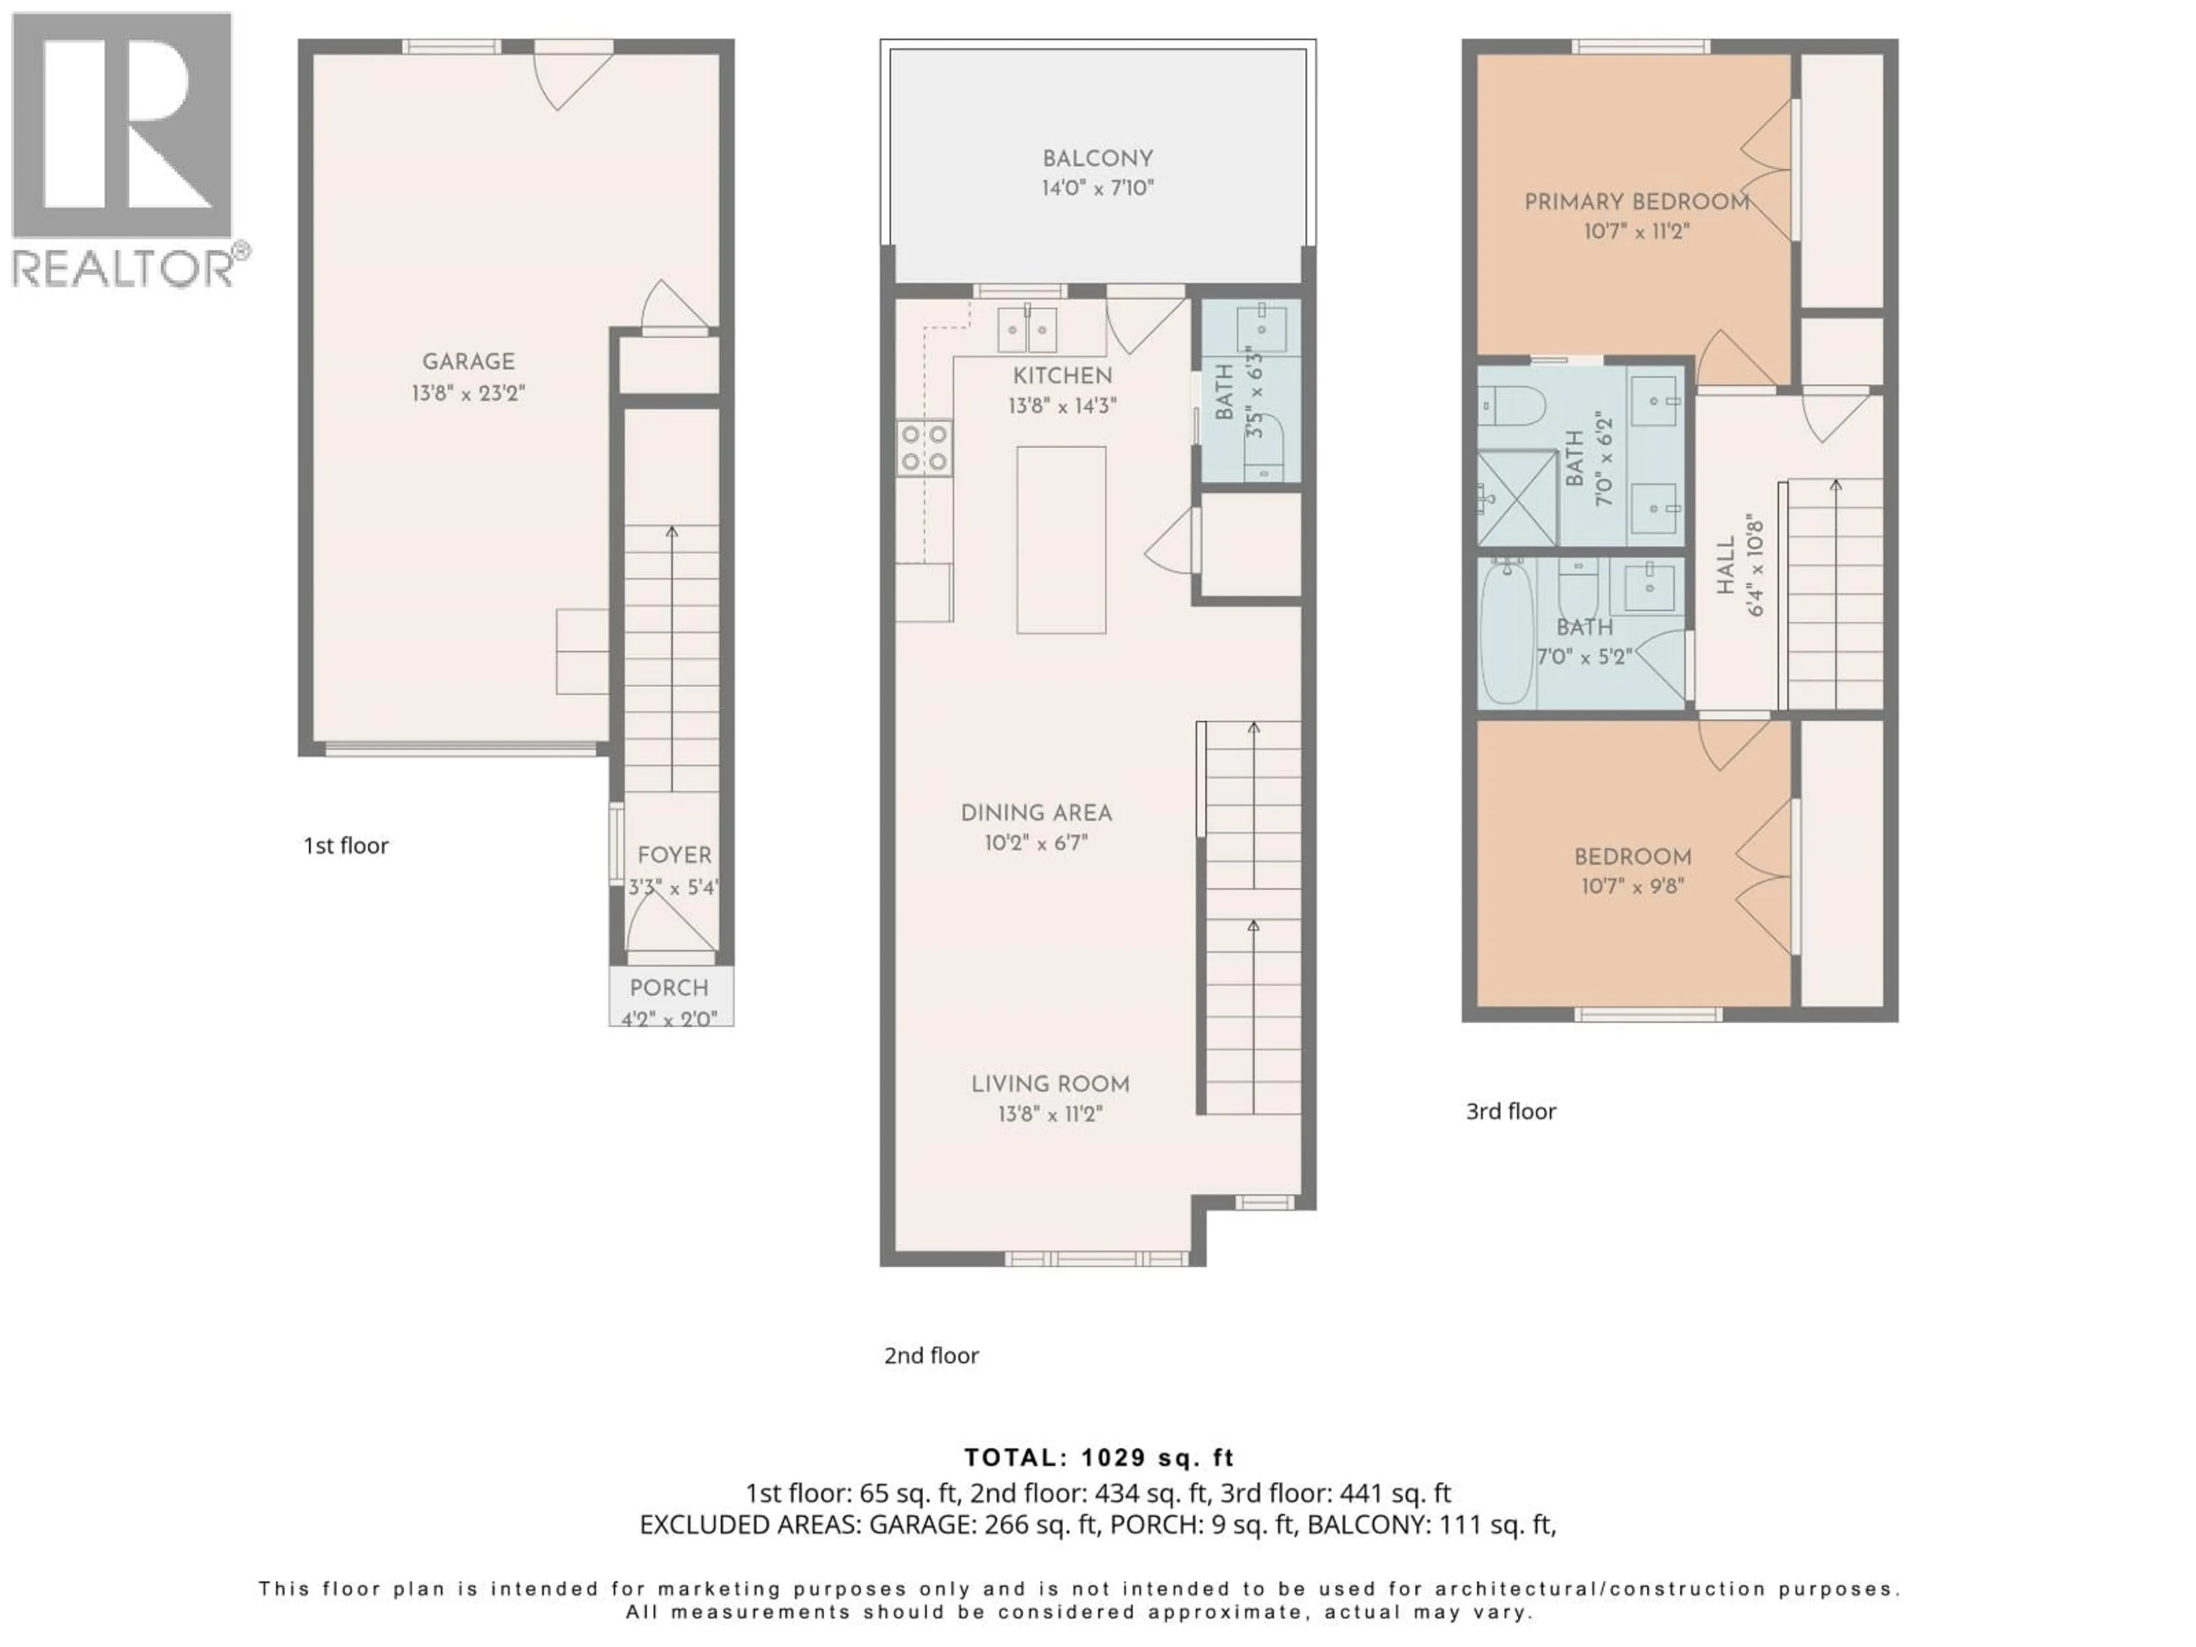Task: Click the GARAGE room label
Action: (x=468, y=361)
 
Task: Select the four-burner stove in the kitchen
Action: (x=923, y=448)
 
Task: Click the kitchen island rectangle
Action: (x=1060, y=539)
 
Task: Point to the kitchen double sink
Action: (x=1027, y=329)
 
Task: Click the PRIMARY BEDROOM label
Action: (x=1636, y=201)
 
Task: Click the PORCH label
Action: (x=669, y=988)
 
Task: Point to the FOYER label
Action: (x=674, y=855)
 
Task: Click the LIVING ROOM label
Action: (x=1051, y=1084)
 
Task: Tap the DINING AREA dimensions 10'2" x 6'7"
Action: (x=1036, y=843)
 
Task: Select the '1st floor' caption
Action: (x=345, y=846)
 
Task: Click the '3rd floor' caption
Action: (x=1510, y=1111)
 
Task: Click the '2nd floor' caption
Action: (x=931, y=1355)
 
